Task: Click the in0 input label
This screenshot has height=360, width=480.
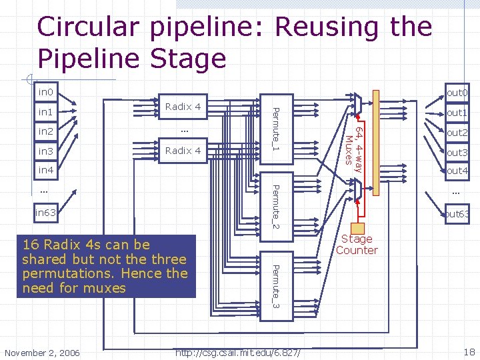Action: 45,91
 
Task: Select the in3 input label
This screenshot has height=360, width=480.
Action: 45,151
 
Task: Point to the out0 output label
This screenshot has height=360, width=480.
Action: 457,93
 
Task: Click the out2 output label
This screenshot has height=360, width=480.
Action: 457,133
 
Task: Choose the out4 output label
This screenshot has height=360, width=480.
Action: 457,171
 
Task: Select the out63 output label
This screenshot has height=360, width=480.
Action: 458,214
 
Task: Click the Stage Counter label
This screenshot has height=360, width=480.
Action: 357,245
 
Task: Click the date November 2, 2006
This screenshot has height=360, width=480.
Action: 41,352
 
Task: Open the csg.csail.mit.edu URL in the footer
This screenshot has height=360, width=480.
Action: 237,351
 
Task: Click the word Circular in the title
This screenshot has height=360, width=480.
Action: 89,27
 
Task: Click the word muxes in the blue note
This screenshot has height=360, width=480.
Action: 103,288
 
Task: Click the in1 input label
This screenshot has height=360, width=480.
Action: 45,111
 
